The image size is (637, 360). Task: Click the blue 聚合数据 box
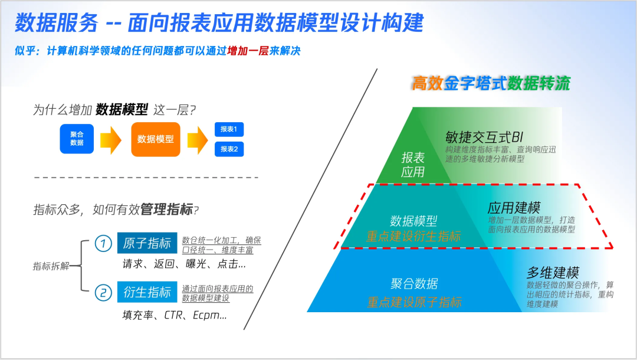[x=77, y=139]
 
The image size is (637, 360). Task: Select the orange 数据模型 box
[x=156, y=139]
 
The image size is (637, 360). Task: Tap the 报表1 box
[x=229, y=130]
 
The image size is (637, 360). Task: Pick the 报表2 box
[x=229, y=149]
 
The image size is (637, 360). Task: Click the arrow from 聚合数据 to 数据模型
[x=110, y=140]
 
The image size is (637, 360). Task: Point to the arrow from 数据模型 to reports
[x=198, y=140]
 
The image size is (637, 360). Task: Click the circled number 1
[x=103, y=243]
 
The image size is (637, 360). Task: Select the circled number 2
[x=103, y=292]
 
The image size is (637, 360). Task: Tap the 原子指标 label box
[x=147, y=243]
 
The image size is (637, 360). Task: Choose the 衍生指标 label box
[x=147, y=292]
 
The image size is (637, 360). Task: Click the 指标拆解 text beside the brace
[x=51, y=267]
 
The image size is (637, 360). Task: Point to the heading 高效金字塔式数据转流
[x=491, y=83]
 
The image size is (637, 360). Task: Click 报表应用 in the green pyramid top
[x=413, y=165]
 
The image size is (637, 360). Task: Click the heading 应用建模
[x=514, y=208]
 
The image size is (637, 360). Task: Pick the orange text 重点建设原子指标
[x=414, y=302]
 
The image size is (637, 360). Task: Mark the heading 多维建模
[x=553, y=273]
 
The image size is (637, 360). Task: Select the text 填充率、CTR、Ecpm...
[x=175, y=315]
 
